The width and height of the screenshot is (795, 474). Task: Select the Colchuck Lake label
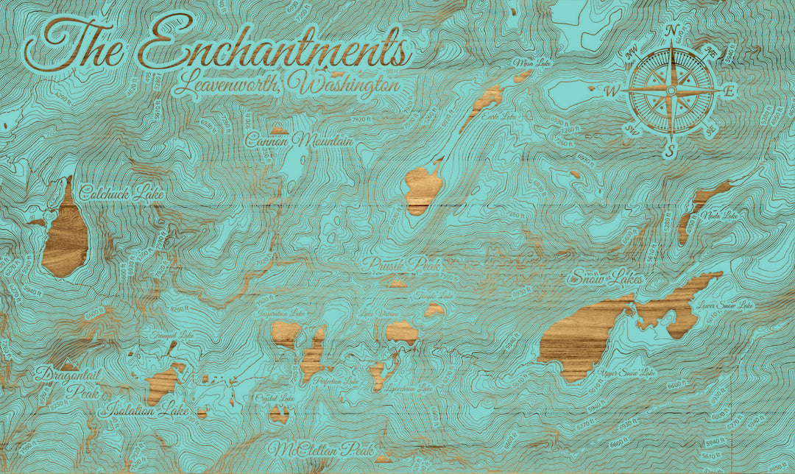click(x=122, y=193)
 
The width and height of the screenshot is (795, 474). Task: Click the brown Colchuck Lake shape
click(x=66, y=236)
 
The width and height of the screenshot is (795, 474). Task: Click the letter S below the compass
click(x=669, y=152)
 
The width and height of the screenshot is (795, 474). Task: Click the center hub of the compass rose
click(x=671, y=91)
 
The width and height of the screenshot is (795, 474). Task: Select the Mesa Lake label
click(x=534, y=64)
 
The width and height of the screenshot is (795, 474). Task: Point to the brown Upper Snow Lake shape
click(x=582, y=339)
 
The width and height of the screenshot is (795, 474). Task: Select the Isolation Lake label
click(x=146, y=410)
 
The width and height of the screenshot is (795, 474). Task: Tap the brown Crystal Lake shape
click(x=279, y=414)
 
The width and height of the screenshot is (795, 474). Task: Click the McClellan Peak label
click(x=321, y=449)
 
